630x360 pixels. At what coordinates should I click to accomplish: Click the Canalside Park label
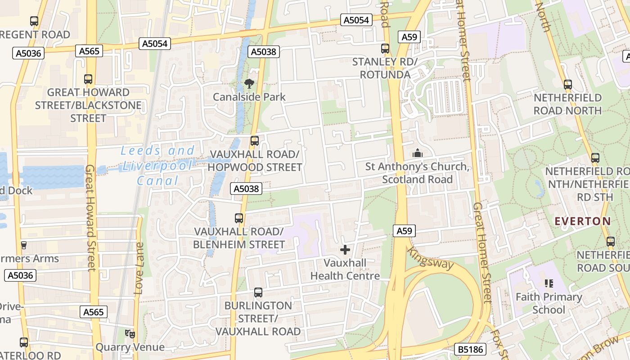pos(249,97)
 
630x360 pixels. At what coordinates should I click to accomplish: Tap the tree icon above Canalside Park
pos(249,83)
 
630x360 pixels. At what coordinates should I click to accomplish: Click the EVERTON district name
pos(583,221)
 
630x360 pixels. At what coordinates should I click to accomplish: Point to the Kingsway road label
pos(431,258)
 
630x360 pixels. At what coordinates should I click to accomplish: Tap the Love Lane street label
pos(139,269)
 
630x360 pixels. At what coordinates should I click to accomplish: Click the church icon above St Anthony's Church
pos(418,153)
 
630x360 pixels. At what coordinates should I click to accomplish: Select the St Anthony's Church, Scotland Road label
pos(418,173)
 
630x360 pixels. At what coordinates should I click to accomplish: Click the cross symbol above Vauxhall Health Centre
pos(345,250)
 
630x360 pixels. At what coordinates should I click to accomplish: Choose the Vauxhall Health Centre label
pos(345,269)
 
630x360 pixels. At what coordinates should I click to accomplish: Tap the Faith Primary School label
pos(549,303)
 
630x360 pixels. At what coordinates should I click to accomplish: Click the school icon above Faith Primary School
pos(549,283)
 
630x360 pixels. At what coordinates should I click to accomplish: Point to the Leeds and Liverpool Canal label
pos(158,166)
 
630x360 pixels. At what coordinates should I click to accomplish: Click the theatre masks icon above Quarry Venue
pos(130,334)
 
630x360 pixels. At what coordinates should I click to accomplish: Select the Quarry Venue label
pos(130,347)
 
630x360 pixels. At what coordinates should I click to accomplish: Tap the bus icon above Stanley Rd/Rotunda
pos(385,49)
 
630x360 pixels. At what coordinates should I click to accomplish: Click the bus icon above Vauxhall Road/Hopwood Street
pos(255,141)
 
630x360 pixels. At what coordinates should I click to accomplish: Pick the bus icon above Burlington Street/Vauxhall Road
pos(258,292)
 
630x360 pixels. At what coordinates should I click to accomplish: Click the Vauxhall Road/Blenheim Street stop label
pos(239,238)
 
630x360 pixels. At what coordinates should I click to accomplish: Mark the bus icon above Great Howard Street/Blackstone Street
pos(88,79)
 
